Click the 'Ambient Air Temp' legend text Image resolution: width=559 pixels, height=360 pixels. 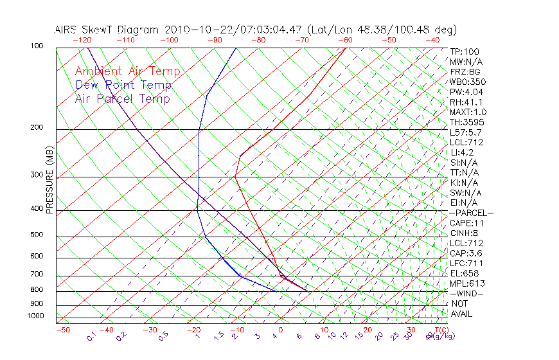point(127,71)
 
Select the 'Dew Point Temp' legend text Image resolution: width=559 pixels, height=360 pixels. point(123,85)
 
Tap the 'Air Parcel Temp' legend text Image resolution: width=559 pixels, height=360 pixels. point(123,98)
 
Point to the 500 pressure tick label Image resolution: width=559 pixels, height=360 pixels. point(37,235)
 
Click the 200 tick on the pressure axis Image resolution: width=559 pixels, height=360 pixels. point(37,128)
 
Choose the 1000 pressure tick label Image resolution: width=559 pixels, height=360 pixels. point(35,316)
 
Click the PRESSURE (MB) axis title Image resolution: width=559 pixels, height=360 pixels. point(49,180)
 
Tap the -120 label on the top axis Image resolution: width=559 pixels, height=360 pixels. point(82,40)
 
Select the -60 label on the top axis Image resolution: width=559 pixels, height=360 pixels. point(346,40)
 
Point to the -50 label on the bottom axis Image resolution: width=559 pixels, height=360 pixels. point(62,330)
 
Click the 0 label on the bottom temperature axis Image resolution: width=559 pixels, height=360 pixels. point(280,330)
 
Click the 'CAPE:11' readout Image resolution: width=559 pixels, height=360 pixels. point(467,223)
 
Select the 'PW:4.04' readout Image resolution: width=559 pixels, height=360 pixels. point(466,92)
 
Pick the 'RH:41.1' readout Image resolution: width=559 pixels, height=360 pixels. point(466,102)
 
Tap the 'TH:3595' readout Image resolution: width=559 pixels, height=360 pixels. point(467,122)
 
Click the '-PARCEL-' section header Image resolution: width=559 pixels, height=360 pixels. point(472,213)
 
